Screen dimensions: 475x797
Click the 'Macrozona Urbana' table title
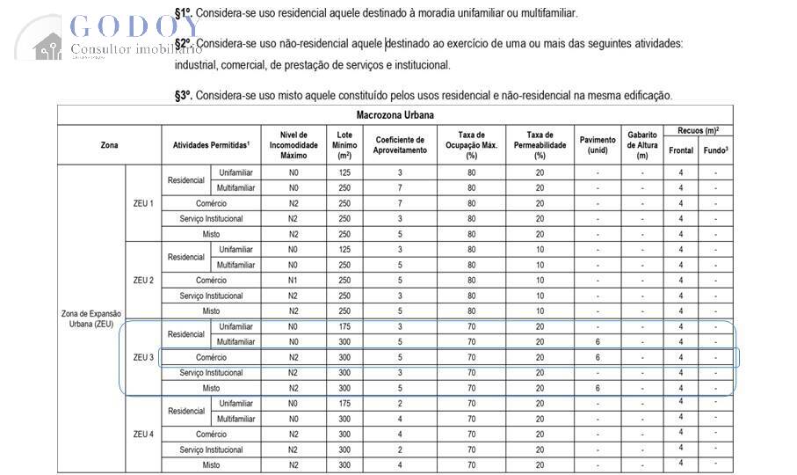pos(395,115)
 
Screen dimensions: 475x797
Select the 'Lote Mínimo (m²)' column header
pos(344,144)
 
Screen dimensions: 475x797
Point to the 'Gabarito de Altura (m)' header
pos(642,144)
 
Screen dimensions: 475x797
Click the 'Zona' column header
pos(109,144)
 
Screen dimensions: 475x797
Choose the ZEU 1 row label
pos(143,203)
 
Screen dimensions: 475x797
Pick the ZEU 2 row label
pos(143,280)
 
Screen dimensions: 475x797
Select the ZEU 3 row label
pos(143,357)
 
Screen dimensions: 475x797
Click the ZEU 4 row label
pos(143,434)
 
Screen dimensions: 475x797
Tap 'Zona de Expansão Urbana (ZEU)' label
pos(91,318)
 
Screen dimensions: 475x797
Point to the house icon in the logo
pos(47,46)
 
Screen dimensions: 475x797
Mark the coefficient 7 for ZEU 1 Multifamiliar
pos(399,187)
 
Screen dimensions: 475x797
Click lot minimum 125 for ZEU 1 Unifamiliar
pos(344,172)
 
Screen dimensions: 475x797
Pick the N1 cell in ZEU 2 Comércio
pos(293,280)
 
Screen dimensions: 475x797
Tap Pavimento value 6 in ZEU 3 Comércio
pos(598,357)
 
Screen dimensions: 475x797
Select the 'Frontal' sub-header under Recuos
pos(680,150)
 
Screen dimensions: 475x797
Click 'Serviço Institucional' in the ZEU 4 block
pos(211,449)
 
